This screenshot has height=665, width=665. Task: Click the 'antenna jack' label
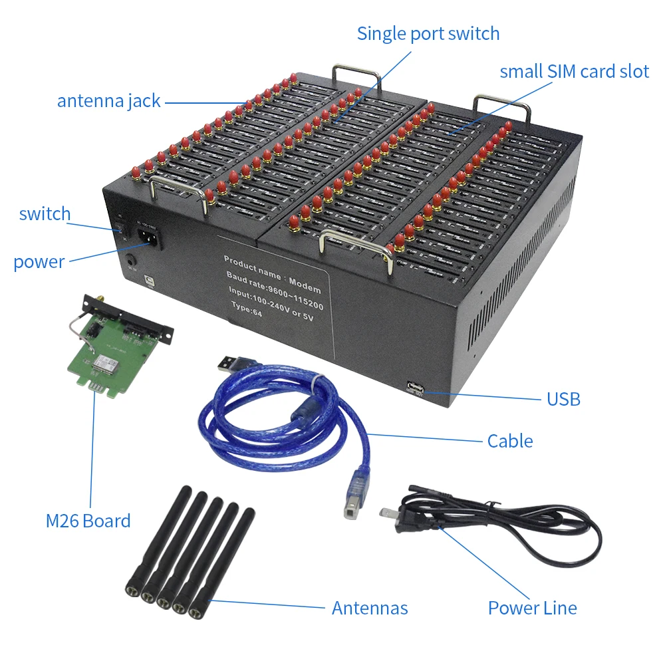coord(108,101)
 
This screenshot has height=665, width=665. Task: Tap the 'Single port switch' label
coord(428,33)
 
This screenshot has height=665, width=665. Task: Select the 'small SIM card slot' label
coord(574,72)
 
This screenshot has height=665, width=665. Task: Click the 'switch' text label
coord(45,214)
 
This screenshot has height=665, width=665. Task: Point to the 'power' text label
coord(39,262)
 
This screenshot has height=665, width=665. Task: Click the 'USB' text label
coord(563,399)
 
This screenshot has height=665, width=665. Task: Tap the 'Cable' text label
coord(510,441)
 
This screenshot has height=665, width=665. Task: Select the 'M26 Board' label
coord(88,521)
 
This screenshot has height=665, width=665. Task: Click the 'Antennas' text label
coord(370,608)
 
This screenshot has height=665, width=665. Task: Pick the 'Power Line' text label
coord(532,608)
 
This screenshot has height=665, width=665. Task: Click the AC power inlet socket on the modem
coord(148,237)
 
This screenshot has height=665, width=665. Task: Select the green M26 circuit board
coord(113,359)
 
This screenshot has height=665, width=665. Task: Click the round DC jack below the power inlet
coord(130,261)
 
